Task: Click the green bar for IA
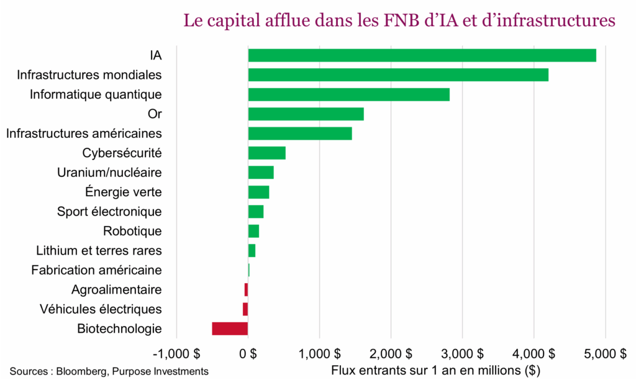coord(422,55)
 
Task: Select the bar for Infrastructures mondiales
coord(398,75)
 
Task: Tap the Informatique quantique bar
coord(348,94)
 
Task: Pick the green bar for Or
coord(306,114)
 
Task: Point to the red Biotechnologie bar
coord(230,328)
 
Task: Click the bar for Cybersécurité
coord(266,153)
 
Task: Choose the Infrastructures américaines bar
coord(300,133)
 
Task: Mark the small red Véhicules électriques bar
coord(245,309)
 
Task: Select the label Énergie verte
coord(123,192)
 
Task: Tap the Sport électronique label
coord(109,212)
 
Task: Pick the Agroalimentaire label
coord(116,289)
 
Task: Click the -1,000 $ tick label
coord(176,354)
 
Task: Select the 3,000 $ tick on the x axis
coord(462,354)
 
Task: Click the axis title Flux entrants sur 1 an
coord(435,371)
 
